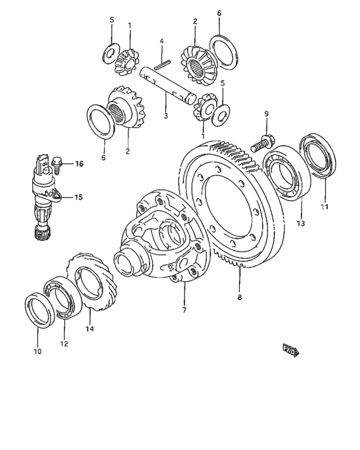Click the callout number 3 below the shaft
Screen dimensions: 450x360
165,116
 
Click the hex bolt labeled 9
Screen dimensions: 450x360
262,141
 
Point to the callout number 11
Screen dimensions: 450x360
325,207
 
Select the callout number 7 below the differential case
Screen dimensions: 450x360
184,310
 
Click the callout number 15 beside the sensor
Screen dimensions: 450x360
78,197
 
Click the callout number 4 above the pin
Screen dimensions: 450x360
162,41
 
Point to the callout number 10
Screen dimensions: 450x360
37,351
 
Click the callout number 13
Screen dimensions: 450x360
301,223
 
